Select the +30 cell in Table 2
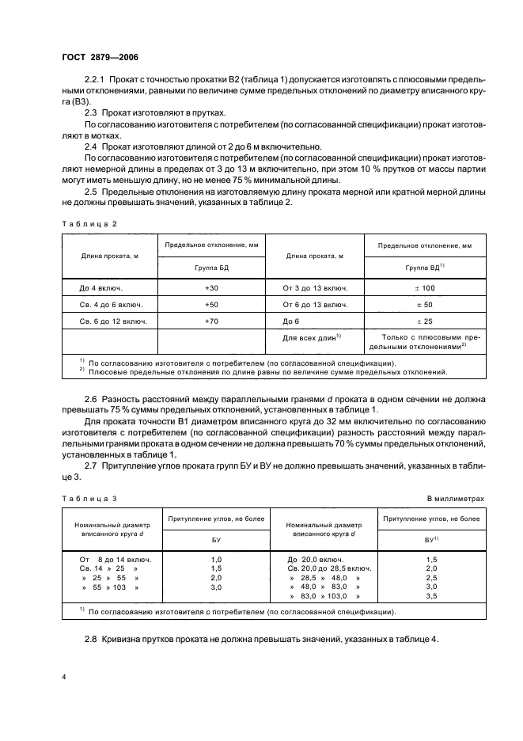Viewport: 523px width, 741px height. tap(212, 288)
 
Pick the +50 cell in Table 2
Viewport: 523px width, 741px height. tap(212, 305)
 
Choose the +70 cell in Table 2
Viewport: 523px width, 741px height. tap(212, 321)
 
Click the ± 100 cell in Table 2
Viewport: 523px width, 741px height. tap(424, 288)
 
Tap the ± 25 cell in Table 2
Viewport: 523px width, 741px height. tap(424, 321)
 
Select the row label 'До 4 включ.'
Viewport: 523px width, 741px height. tap(100, 288)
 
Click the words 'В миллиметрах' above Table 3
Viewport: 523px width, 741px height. tap(455, 499)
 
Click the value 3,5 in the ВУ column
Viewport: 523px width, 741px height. tap(432, 597)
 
